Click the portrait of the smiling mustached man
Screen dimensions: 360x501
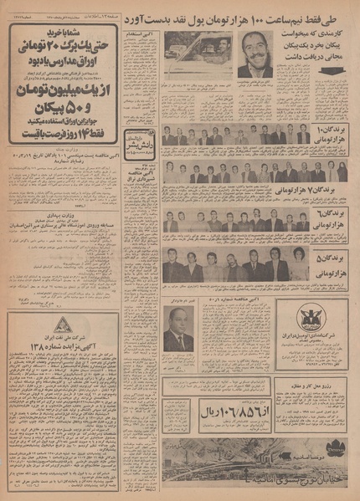coord(255,54)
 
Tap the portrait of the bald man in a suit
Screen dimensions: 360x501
coord(177,330)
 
